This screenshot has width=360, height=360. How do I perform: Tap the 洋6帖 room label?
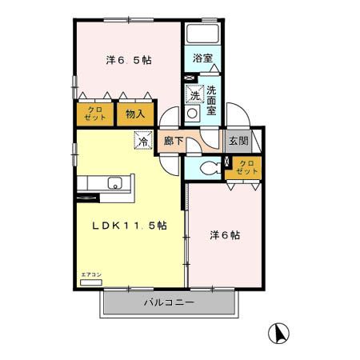point(226,236)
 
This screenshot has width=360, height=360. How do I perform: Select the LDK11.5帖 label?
point(128,226)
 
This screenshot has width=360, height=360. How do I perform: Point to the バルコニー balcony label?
point(169,303)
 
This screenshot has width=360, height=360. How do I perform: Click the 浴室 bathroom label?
point(202,58)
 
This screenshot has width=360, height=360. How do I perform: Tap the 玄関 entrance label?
point(238,141)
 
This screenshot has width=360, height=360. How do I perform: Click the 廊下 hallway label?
point(174,141)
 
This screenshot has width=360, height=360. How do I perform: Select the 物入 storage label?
point(135,113)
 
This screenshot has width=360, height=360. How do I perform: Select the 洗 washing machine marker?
point(194,95)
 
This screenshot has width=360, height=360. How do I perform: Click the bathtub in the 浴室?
point(202,36)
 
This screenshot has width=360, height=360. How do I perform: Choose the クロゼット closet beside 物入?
point(94,113)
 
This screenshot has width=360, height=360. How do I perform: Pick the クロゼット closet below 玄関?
point(246,168)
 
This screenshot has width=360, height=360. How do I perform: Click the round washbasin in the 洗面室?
point(192,114)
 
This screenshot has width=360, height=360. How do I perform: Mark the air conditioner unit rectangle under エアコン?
point(92,282)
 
